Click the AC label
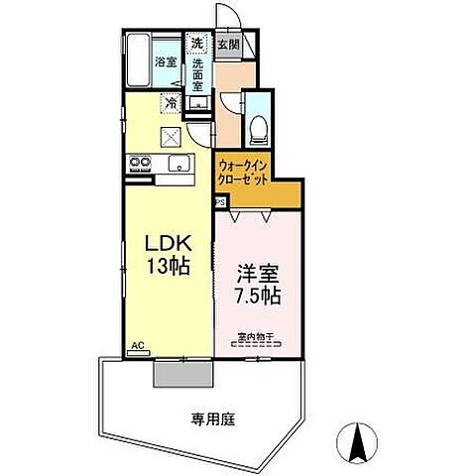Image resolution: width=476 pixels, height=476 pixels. (x=138, y=346)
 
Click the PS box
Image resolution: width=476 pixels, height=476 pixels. (x=219, y=200)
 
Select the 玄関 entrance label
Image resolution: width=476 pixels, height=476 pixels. (x=227, y=45)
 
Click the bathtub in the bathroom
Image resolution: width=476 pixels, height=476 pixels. (x=138, y=61)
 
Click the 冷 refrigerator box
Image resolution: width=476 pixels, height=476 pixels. (x=172, y=102)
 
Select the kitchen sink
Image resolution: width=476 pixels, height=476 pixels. (x=178, y=165)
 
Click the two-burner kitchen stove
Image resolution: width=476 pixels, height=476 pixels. (x=136, y=165)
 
